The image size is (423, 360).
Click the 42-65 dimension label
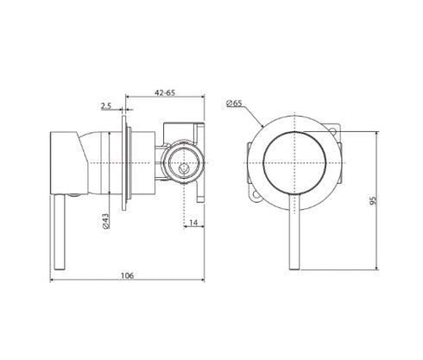coord(165,92)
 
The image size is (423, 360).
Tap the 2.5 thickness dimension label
coord(106,106)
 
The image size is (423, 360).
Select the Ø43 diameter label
coord(105,221)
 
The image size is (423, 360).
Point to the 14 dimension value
coord(193,223)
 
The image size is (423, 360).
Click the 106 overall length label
coord(127,275)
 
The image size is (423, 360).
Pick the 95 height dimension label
coord(373,200)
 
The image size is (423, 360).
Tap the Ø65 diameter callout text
coord(234,103)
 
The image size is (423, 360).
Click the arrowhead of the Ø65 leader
coord(262,125)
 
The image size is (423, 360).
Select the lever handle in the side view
coord(60,232)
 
